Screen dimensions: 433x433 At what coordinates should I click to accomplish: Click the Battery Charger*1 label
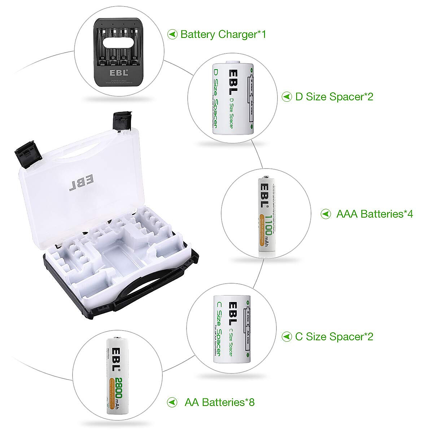pyautogui.click(x=223, y=35)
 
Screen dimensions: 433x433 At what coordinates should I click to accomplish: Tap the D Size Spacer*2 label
pyautogui.click(x=334, y=97)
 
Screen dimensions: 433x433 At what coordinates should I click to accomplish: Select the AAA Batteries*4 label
pyautogui.click(x=374, y=214)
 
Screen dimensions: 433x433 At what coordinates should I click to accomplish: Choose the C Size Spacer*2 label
pyautogui.click(x=334, y=337)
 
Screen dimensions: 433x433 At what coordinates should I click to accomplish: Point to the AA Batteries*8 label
pyautogui.click(x=219, y=402)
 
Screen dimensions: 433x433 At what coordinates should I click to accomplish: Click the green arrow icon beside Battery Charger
pyautogui.click(x=173, y=35)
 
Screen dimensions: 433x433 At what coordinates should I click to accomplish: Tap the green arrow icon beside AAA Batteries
pyautogui.click(x=326, y=214)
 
